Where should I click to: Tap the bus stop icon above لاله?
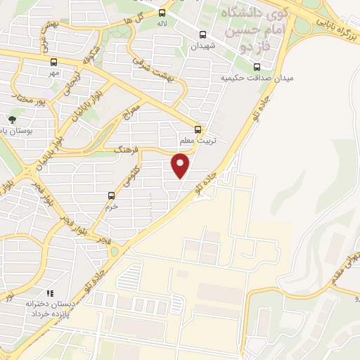tap(162, 13)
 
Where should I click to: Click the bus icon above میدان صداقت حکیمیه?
tap(255, 67)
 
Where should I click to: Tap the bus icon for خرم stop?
tap(111, 195)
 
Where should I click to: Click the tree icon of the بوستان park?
tap(11, 120)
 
